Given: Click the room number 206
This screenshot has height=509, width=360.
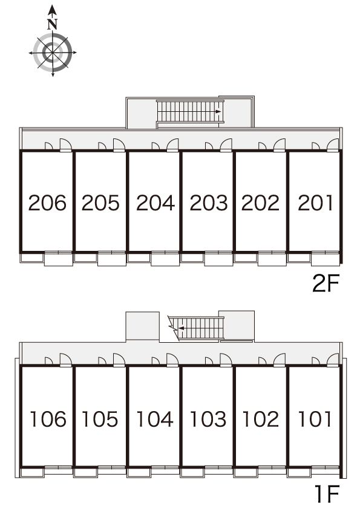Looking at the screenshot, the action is pyautogui.click(x=47, y=203).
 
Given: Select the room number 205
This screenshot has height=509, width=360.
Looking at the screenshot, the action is pyautogui.click(x=100, y=203).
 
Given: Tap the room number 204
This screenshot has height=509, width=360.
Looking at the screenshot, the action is pyautogui.click(x=155, y=203).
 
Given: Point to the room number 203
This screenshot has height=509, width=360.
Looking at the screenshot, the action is pyautogui.click(x=209, y=203).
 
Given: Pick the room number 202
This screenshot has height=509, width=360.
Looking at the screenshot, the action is pyautogui.click(x=260, y=203).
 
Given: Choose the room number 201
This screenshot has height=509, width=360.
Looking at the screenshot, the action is pyautogui.click(x=315, y=203).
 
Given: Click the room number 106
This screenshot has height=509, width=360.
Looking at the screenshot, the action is pyautogui.click(x=48, y=419).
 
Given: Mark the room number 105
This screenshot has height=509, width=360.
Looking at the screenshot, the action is pyautogui.click(x=100, y=419).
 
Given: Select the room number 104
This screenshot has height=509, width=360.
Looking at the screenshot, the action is pyautogui.click(x=155, y=419).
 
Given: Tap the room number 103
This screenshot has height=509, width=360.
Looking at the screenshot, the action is pyautogui.click(x=208, y=419).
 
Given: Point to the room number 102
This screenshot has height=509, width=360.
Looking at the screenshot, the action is pyautogui.click(x=261, y=419).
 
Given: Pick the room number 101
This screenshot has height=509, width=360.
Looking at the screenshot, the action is pyautogui.click(x=315, y=419).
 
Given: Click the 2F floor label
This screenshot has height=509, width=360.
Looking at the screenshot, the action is pyautogui.click(x=326, y=283).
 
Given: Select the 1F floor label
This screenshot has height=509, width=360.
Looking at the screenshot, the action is pyautogui.click(x=327, y=493).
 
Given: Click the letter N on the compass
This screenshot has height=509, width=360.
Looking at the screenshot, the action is pyautogui.click(x=52, y=25).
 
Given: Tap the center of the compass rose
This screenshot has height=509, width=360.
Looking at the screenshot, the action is pyautogui.click(x=53, y=53).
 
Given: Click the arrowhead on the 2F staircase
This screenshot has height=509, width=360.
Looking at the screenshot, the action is pyautogui.click(x=218, y=112).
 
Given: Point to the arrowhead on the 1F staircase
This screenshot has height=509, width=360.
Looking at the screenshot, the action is pyautogui.click(x=182, y=328).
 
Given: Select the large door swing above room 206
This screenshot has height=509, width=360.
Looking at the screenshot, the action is pyautogui.click(x=65, y=144).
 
